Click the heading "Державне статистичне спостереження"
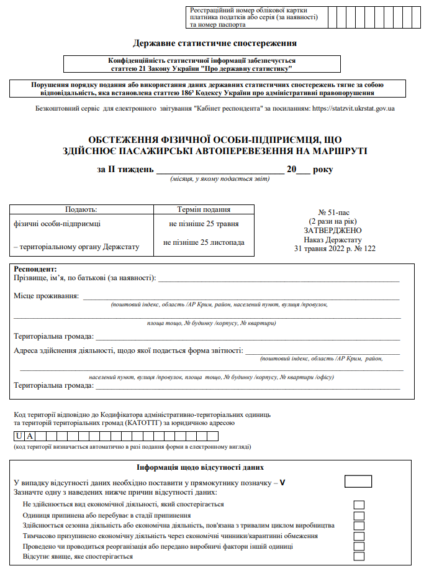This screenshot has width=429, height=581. pyautogui.click(x=215, y=43)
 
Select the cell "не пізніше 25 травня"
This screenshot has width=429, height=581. pyautogui.click(x=204, y=224)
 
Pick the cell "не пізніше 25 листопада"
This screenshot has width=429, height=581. pyautogui.click(x=204, y=242)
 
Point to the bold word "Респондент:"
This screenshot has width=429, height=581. pyautogui.click(x=35, y=268)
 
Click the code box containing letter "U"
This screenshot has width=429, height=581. pyautogui.click(x=20, y=436)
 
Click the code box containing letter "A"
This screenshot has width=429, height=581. pyautogui.click(x=30, y=436)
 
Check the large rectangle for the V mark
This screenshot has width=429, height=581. pyautogui.click(x=358, y=482)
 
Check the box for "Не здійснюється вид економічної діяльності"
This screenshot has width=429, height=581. pyautogui.click(x=359, y=505)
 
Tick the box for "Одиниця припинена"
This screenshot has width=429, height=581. pyautogui.click(x=359, y=515)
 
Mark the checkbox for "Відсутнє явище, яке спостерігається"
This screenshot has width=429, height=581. pyautogui.click(x=359, y=556)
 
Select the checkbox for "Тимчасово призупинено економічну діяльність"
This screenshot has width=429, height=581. pyautogui.click(x=359, y=536)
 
